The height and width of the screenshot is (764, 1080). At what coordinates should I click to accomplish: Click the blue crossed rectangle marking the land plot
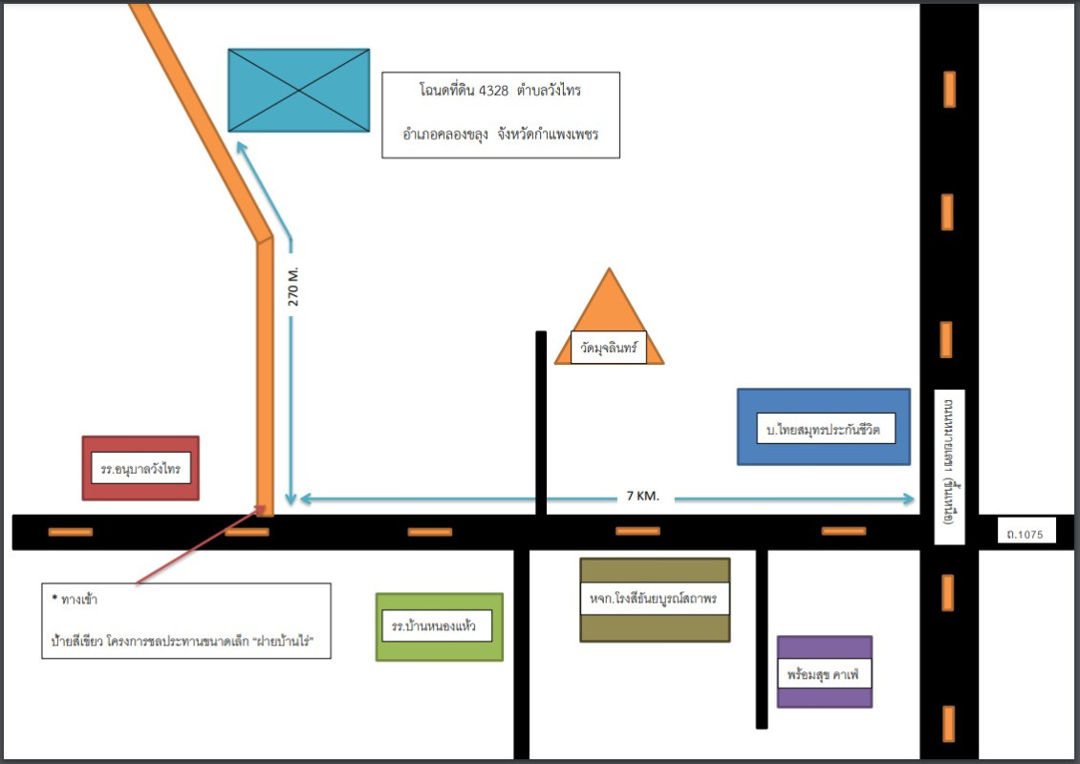pyautogui.click(x=298, y=90)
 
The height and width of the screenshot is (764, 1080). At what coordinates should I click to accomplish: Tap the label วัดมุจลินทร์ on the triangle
pyautogui.click(x=608, y=349)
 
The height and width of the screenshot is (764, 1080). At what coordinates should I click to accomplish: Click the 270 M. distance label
pyautogui.click(x=293, y=286)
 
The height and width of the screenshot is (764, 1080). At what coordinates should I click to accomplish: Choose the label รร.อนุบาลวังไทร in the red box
pyautogui.click(x=140, y=470)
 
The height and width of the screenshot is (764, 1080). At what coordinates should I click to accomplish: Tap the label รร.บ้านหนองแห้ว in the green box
pyautogui.click(x=441, y=626)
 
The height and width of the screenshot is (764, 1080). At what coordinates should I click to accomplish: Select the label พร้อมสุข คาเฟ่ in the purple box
pyautogui.click(x=824, y=673)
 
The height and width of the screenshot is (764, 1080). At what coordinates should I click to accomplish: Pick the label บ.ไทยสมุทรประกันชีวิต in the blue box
pyautogui.click(x=823, y=430)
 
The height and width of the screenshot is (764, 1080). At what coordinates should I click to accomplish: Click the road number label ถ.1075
pyautogui.click(x=1025, y=531)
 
